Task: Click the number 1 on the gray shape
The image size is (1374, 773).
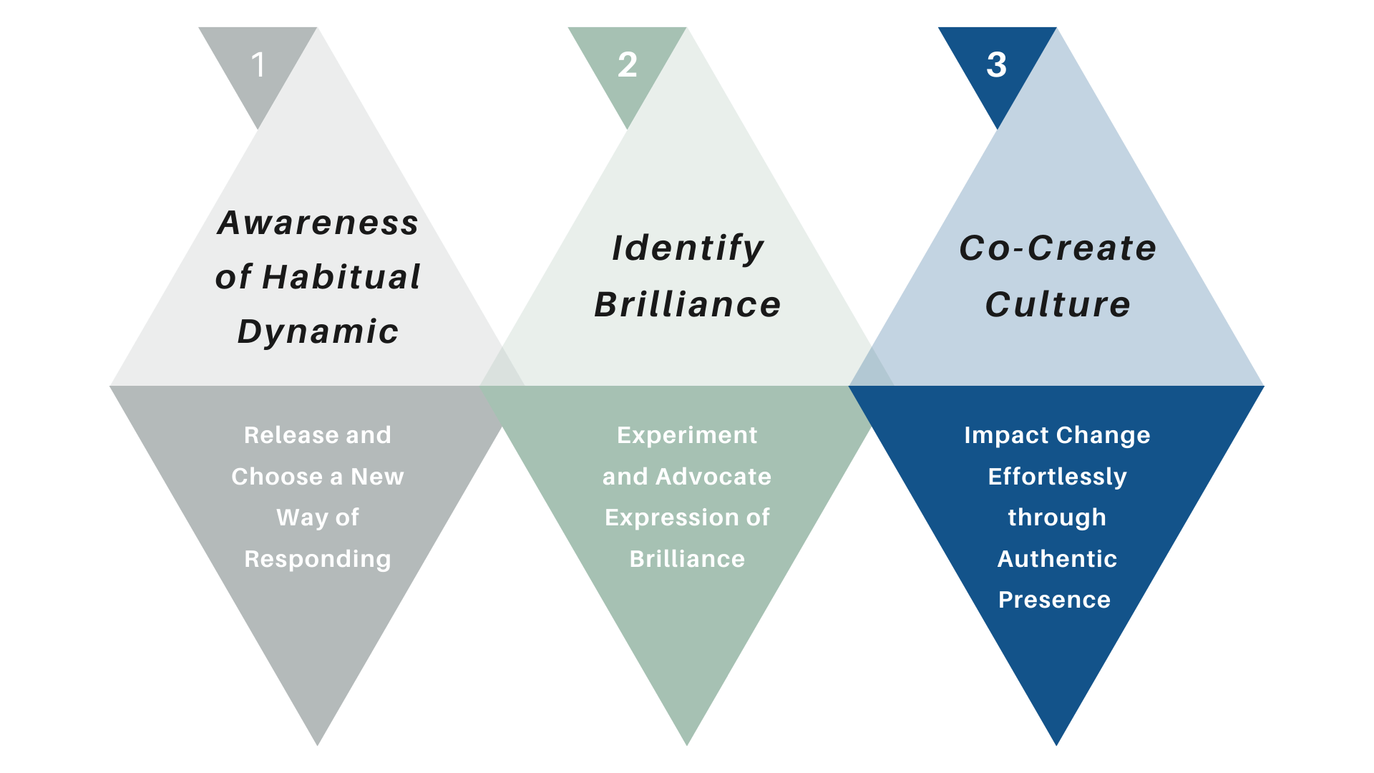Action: [x=258, y=65]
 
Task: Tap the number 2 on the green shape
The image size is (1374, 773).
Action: [x=628, y=65]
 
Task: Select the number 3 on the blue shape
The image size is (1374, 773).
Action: [x=996, y=65]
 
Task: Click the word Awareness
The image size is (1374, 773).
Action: [x=318, y=223]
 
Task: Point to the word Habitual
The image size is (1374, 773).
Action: [x=341, y=277]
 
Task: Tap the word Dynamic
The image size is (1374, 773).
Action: [x=318, y=331]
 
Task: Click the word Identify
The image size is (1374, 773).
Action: [x=688, y=248]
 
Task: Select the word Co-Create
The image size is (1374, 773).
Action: [x=1057, y=248]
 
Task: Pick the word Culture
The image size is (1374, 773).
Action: [x=1057, y=304]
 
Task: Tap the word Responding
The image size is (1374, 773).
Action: [x=318, y=559]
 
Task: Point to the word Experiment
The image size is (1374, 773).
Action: [x=687, y=435]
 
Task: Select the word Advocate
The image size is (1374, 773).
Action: [x=713, y=477]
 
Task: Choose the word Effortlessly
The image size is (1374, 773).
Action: [x=1057, y=477]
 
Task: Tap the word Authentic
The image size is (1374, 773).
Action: [x=1057, y=559]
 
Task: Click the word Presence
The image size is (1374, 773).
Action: [x=1054, y=600]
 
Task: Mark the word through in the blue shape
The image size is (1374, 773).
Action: [x=1057, y=517]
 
